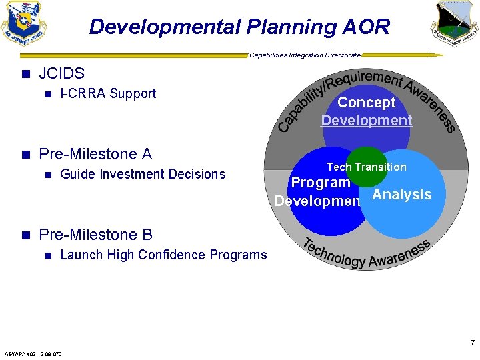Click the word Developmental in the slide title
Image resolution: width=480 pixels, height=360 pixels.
164,27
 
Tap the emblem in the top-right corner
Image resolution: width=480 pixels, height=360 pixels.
454,23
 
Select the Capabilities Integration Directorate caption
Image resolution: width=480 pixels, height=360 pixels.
305,55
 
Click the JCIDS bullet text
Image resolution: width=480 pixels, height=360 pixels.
61,73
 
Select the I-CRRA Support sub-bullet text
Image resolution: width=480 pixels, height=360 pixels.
108,94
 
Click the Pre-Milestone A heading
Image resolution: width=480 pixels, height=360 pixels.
95,154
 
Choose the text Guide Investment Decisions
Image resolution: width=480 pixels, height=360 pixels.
143,175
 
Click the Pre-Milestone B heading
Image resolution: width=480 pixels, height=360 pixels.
95,235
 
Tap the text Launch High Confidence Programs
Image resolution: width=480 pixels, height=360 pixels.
163,255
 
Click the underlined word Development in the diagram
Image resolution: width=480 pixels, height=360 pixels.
367,121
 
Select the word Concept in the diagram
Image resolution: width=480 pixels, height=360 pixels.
367,103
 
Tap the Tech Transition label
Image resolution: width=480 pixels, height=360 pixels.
366,167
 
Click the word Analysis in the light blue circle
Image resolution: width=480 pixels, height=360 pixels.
401,195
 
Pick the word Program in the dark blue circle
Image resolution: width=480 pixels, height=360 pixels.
321,183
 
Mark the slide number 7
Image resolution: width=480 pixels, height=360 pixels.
472,343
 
